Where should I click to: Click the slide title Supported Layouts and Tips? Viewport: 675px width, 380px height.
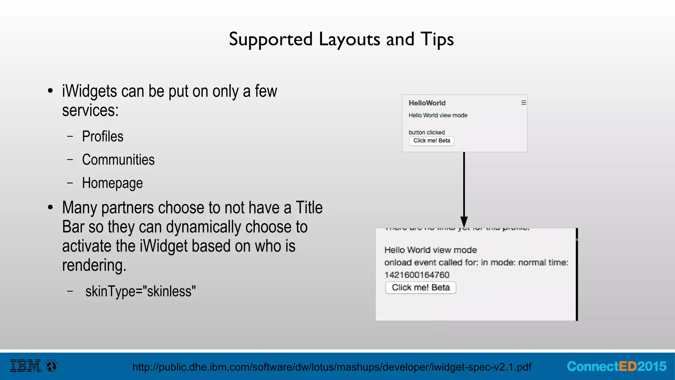341,39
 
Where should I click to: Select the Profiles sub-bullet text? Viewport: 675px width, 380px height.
103,136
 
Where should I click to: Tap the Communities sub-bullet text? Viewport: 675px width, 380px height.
118,160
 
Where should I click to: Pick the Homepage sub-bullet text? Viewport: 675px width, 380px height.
112,183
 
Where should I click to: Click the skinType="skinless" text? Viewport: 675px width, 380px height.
140,291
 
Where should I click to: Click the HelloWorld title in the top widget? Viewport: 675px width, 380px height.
427,103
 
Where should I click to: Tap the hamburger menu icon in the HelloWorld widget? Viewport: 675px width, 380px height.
523,103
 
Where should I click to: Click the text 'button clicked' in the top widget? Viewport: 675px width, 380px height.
426,132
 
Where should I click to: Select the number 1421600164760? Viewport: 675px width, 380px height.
417,275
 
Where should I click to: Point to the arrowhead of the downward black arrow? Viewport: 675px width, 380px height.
464,222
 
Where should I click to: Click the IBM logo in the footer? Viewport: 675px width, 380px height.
26,366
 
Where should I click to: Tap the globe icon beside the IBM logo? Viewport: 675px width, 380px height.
52,366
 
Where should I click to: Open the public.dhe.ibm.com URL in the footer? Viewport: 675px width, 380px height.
332,367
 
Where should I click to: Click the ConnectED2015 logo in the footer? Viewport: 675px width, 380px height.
616,366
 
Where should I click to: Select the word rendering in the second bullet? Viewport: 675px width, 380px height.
94,265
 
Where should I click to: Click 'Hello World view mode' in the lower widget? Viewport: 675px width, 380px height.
430,250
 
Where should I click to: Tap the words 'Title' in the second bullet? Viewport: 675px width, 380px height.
309,208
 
